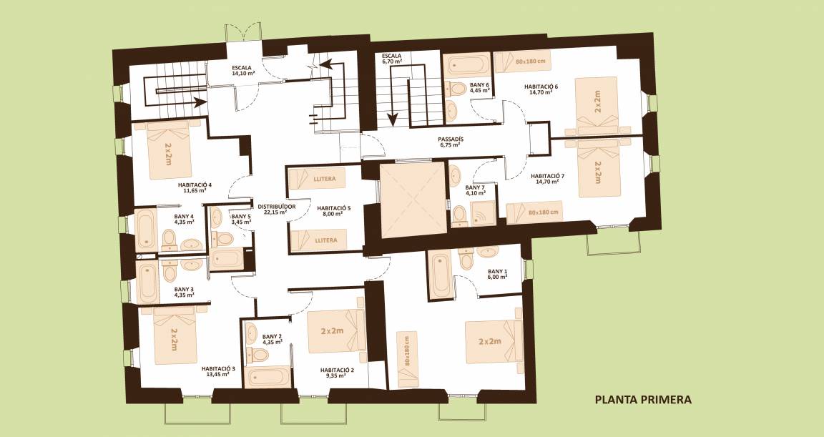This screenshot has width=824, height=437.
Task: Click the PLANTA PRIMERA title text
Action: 643,400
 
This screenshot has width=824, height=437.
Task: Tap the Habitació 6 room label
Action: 541,89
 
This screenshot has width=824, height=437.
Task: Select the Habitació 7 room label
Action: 547,179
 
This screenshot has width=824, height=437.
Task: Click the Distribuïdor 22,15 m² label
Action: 276,209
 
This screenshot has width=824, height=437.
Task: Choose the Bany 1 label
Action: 497,274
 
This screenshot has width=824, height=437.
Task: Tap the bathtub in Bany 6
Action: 466,64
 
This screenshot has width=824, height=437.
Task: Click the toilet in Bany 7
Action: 460,215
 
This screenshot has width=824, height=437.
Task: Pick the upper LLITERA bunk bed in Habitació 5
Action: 318,179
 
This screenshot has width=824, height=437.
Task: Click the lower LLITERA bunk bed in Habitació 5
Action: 318,240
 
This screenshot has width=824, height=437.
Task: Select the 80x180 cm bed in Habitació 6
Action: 522,61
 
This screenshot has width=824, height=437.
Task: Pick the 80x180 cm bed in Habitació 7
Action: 534,212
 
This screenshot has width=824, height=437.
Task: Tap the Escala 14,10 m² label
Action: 244,70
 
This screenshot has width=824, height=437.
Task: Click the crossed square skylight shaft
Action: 412,200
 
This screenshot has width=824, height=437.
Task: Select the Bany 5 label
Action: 240,219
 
